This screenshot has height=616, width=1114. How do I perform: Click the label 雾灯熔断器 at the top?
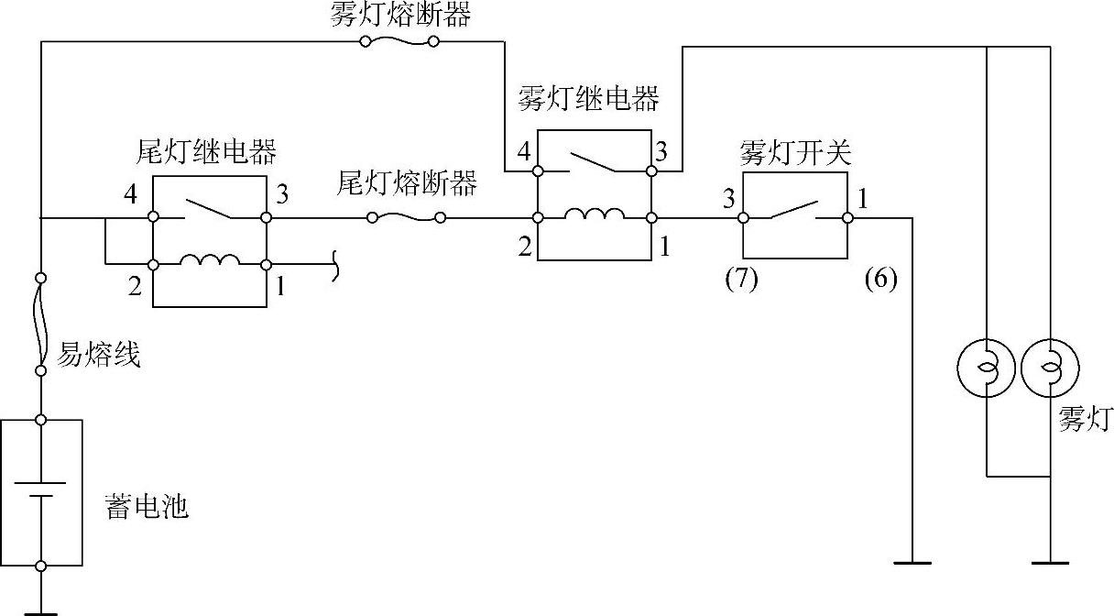[401, 16]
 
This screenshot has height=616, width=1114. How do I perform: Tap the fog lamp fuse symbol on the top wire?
[400, 41]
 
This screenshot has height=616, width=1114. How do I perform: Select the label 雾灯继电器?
[588, 99]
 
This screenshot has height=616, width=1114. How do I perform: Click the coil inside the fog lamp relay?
[595, 215]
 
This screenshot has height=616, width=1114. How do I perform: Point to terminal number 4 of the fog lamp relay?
[524, 150]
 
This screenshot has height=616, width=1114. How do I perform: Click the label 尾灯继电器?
[206, 150]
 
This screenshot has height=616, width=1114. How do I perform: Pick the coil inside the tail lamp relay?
[210, 261]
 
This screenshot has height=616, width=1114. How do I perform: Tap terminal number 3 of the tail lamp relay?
[282, 194]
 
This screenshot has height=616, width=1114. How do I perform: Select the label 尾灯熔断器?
[407, 184]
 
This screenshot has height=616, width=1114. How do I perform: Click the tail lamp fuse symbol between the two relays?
[406, 217]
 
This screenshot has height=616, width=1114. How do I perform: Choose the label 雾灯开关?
[795, 153]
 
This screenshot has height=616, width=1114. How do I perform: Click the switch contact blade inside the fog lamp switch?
[793, 210]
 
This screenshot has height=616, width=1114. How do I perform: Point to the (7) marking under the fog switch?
[741, 279]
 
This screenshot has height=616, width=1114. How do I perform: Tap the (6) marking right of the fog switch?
[879, 279]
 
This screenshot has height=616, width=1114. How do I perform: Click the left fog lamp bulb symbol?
[986, 369]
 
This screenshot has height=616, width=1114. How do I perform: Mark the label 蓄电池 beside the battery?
[147, 507]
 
